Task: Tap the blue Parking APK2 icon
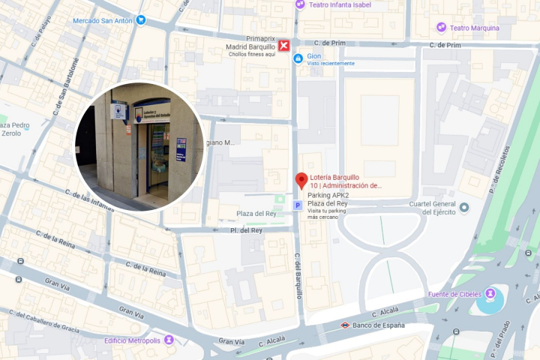pos(297,205)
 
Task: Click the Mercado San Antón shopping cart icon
pos(140,20)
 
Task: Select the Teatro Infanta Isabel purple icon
pos(300,4)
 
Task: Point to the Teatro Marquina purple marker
pos(442,28)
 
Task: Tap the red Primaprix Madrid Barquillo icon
pos(284,46)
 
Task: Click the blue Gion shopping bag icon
pos(298,58)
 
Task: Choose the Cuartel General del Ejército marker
pos(464,207)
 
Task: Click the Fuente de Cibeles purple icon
pos(490,293)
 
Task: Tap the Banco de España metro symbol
pos(344,325)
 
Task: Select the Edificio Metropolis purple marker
pos(169,340)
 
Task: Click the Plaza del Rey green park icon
pos(280,199)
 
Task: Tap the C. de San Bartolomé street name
pos(65,88)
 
